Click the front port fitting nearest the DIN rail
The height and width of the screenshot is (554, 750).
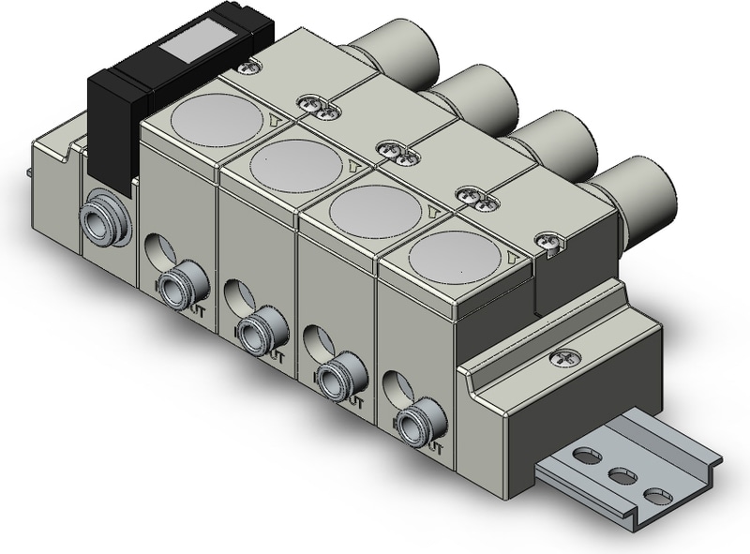(412, 425)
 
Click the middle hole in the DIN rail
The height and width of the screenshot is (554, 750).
(622, 476)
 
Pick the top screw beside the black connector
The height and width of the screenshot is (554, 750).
(248, 66)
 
